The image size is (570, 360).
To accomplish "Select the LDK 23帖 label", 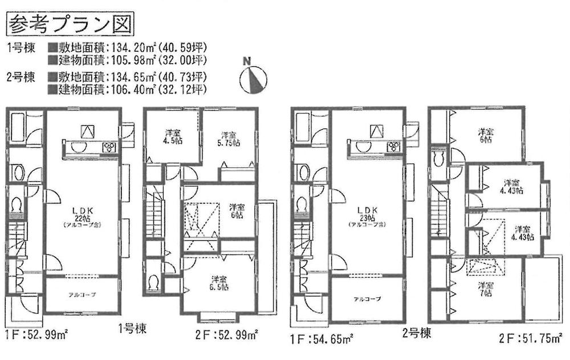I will point(367,216).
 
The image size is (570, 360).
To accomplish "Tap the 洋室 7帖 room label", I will point(485,288).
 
